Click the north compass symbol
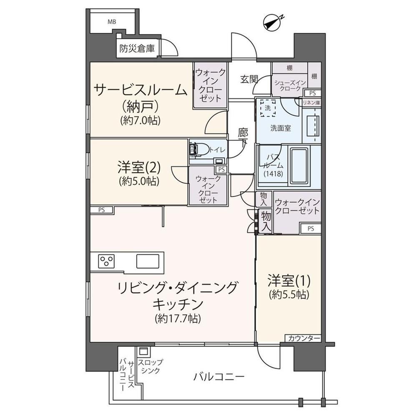(x=273, y=23)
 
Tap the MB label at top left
(x=112, y=22)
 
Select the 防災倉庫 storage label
(x=137, y=49)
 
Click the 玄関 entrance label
(x=249, y=79)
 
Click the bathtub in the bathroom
(x=299, y=166)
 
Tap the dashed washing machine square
(x=268, y=108)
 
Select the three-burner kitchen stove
(x=106, y=261)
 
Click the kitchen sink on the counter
(x=148, y=261)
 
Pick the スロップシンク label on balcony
(x=150, y=366)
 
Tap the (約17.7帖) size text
(x=178, y=318)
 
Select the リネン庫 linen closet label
(x=311, y=103)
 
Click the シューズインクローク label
(x=290, y=85)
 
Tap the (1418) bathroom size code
(x=273, y=174)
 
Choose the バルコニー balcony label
(x=219, y=377)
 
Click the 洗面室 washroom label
(x=281, y=128)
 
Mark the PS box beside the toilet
(x=221, y=169)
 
